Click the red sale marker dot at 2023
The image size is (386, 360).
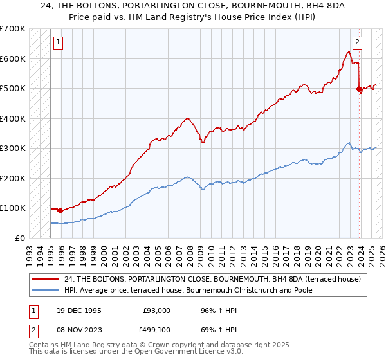pos(359,90)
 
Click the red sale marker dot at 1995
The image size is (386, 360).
pos(60,210)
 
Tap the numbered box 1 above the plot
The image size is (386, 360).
pos(58,43)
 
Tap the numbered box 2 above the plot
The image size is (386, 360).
pos(357,43)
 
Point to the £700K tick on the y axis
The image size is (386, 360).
pos(13,29)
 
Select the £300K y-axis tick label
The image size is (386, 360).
pos(13,148)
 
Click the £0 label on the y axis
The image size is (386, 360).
pos(19,238)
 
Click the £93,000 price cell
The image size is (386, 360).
pos(156,310)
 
